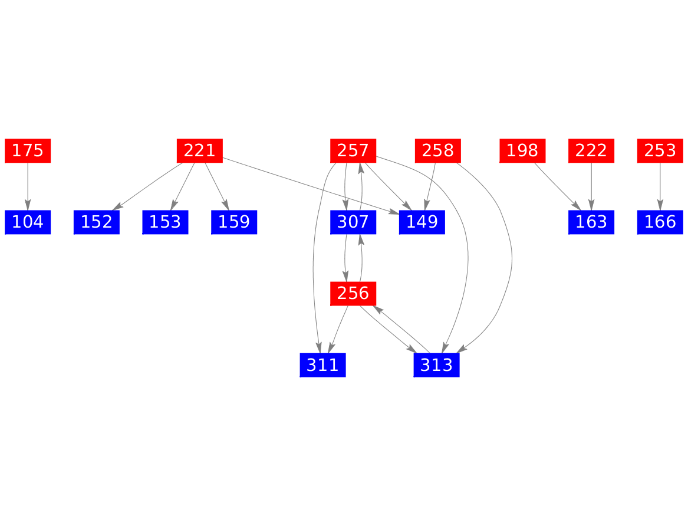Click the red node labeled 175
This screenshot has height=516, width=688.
click(28, 151)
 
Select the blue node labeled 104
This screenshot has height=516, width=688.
click(28, 222)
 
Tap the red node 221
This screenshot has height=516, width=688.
click(200, 151)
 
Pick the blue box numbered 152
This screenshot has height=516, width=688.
click(97, 222)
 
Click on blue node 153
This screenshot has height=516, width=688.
click(166, 222)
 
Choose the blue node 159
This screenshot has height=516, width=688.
click(234, 222)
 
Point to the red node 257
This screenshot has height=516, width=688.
click(353, 151)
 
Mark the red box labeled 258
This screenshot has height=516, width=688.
click(438, 151)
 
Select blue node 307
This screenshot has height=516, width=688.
click(353, 222)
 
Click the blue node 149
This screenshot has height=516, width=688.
click(422, 222)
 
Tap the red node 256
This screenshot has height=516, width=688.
click(353, 293)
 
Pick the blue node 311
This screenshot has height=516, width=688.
click(322, 365)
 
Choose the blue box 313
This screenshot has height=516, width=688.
click(437, 365)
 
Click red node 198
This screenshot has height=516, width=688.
click(522, 151)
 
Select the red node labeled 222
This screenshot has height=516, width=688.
click(591, 151)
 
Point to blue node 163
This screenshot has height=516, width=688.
click(591, 222)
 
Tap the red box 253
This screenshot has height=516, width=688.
click(660, 151)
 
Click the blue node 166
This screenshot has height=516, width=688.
click(660, 222)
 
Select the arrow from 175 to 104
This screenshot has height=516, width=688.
click(28, 186)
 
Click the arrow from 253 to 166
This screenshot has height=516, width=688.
click(660, 186)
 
